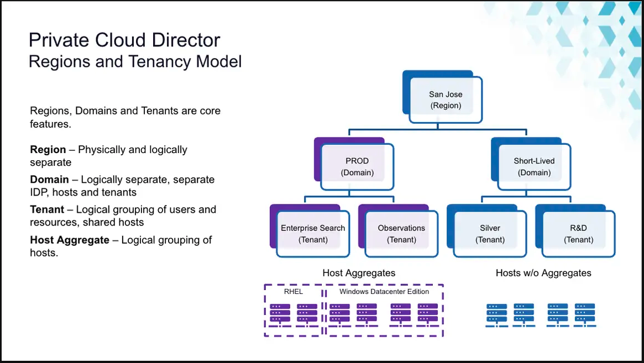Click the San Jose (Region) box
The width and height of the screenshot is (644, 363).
click(x=446, y=100)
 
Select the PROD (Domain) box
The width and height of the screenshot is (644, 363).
click(x=357, y=167)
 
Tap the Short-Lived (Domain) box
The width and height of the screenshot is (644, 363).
click(x=534, y=167)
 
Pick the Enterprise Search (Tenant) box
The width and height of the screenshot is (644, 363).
click(x=313, y=234)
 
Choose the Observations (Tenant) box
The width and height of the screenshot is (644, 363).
click(x=401, y=234)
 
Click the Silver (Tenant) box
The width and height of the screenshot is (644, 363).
click(x=490, y=234)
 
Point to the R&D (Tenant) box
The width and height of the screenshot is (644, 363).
click(x=578, y=234)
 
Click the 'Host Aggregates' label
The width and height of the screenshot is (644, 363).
click(x=359, y=273)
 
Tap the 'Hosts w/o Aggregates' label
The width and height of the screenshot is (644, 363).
click(x=543, y=273)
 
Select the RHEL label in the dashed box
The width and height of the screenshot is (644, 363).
click(x=293, y=292)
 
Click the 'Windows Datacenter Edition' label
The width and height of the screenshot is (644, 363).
click(x=384, y=292)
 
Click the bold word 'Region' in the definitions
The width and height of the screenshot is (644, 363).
click(x=48, y=150)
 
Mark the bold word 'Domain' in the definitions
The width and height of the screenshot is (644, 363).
click(x=49, y=180)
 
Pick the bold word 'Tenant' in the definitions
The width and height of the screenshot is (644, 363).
click(x=47, y=209)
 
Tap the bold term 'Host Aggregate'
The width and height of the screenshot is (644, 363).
click(x=70, y=240)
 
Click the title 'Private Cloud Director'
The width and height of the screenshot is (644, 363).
click(x=124, y=40)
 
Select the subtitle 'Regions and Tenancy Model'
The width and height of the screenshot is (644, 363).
click(x=135, y=61)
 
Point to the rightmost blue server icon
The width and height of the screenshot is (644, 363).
click(x=584, y=314)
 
